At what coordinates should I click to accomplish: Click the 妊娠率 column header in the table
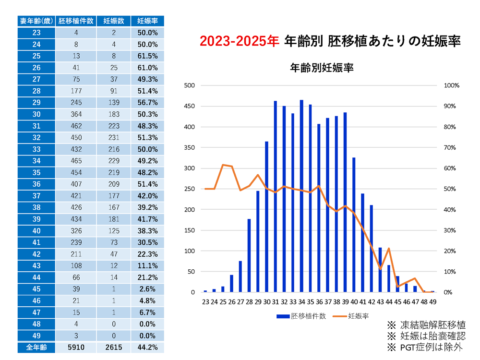(147, 21)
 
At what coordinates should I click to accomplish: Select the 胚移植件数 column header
(75, 21)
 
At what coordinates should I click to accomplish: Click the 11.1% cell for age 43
(147, 265)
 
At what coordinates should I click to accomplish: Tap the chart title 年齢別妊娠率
(322, 68)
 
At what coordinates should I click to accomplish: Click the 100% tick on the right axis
(452, 85)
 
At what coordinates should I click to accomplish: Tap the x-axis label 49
(432, 302)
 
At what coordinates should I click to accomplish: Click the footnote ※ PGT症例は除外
(426, 347)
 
